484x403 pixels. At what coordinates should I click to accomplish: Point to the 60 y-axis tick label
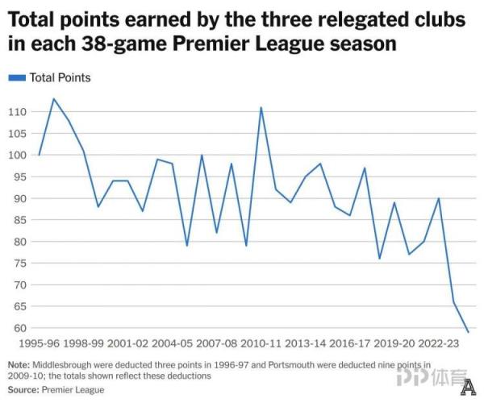tap(19, 328)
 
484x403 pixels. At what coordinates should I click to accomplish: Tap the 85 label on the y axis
tap(19, 220)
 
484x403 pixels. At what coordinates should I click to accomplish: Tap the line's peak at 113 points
tap(54, 99)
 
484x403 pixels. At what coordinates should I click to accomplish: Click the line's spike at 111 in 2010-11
tap(261, 107)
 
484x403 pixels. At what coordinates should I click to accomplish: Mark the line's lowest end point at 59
tap(468, 332)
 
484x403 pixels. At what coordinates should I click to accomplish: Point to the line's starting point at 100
tap(40, 155)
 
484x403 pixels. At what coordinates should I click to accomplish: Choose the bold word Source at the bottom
tap(24, 390)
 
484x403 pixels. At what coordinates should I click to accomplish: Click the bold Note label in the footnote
tap(20, 364)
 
